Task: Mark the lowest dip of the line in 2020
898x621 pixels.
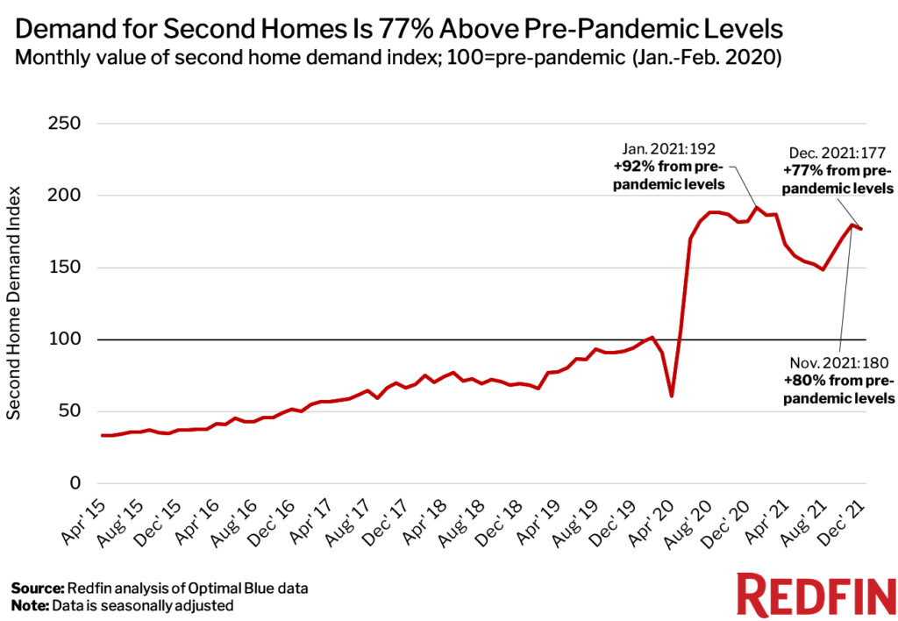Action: coord(671,396)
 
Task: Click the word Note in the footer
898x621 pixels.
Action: coord(29,605)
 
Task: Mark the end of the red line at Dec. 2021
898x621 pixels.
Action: coord(861,229)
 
